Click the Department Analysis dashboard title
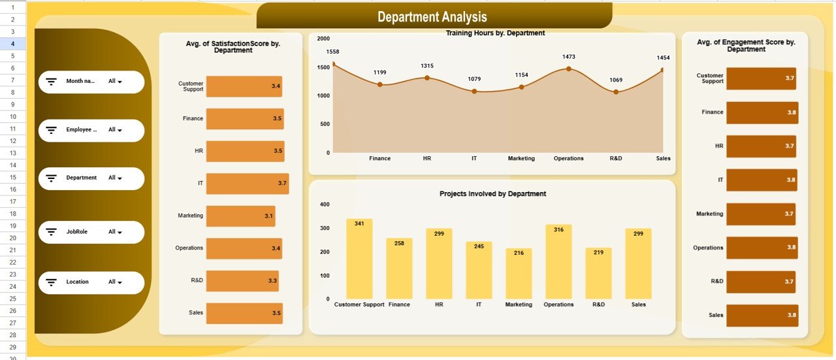point(432,17)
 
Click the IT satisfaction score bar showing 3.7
point(247,184)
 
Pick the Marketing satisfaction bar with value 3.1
point(240,216)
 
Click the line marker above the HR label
point(427,78)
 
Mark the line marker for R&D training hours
point(615,92)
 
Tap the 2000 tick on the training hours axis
point(323,39)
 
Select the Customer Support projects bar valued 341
point(359,259)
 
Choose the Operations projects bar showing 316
point(558,261)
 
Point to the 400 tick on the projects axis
point(325,205)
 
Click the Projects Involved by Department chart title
point(492,194)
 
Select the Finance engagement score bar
point(762,112)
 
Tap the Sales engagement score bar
point(762,316)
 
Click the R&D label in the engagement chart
point(716,282)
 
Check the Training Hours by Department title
point(495,33)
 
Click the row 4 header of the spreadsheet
point(13,43)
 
